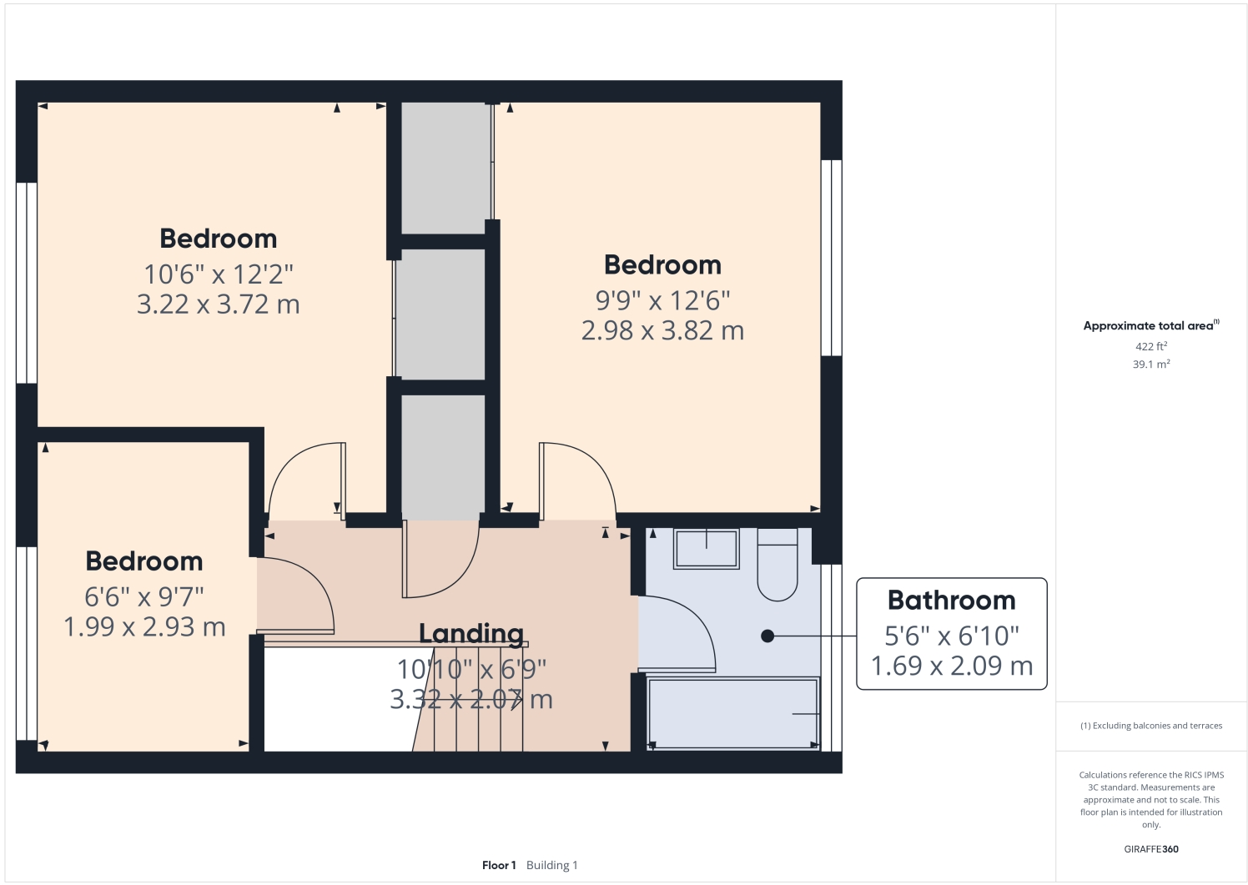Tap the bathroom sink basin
point(706,549)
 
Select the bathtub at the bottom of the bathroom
point(732,714)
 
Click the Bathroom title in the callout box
point(951,601)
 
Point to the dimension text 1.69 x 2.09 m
point(951,666)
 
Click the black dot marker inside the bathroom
point(767,636)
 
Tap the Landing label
point(471,634)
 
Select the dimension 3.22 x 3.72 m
point(218,304)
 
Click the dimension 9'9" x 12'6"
point(662,300)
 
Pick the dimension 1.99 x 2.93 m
point(144,627)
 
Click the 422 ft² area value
point(1150,346)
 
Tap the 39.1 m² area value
point(1150,365)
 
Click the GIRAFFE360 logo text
point(1150,849)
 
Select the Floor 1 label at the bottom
point(499,865)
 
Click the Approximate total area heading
point(1148,326)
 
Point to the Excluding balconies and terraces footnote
point(1151,726)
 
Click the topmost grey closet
point(444,167)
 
